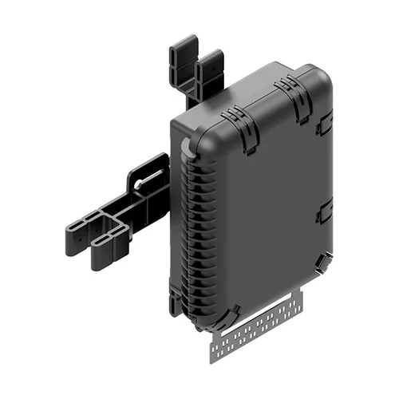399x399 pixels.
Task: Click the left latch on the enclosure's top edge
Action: coord(236,120)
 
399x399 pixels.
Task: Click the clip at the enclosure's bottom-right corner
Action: coord(321,263)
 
